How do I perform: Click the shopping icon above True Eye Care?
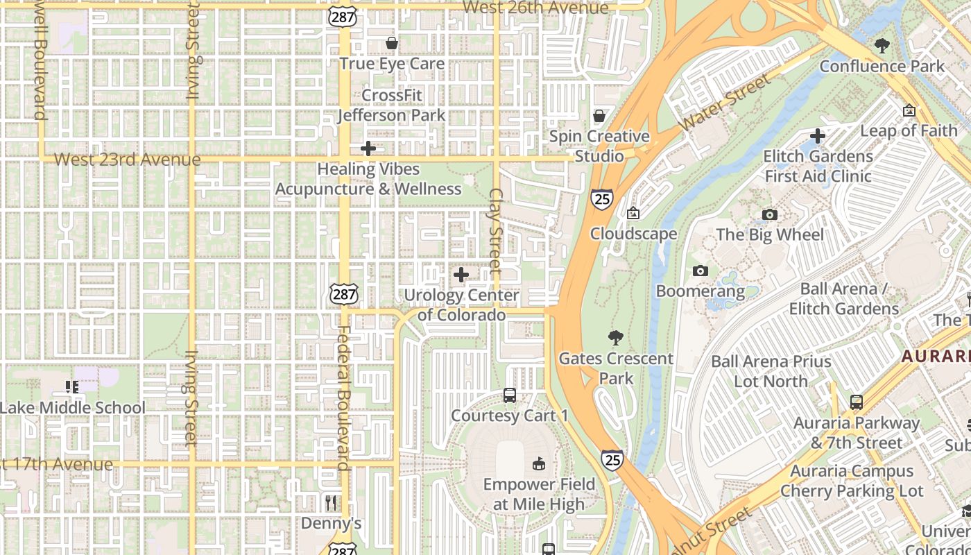click(x=392, y=44)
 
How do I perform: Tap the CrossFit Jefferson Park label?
click(x=392, y=105)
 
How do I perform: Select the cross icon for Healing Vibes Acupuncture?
click(x=368, y=148)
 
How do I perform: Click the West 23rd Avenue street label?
click(x=127, y=160)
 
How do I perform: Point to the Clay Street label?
click(x=495, y=230)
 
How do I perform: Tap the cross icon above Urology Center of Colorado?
click(x=461, y=275)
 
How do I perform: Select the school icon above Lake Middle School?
click(x=71, y=386)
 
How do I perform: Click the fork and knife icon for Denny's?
click(x=332, y=502)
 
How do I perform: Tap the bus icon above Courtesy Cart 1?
click(x=510, y=395)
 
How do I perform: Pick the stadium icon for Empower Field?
click(x=539, y=463)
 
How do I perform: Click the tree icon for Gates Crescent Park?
click(x=615, y=338)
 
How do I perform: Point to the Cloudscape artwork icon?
click(x=633, y=214)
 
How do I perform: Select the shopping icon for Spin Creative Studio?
click(x=599, y=116)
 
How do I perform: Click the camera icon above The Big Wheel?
click(x=770, y=214)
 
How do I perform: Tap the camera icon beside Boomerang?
click(x=701, y=271)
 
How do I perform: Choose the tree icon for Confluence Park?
click(x=882, y=46)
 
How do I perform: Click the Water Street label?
click(x=725, y=103)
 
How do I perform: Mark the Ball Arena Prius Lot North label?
click(x=771, y=371)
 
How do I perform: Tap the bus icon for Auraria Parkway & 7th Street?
click(x=857, y=402)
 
